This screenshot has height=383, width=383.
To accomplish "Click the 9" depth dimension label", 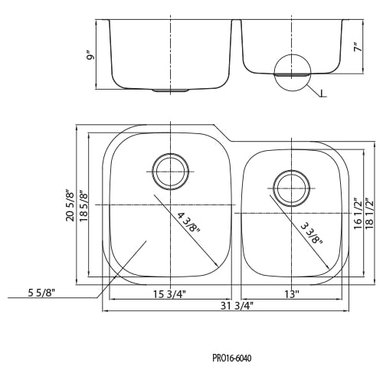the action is click(90, 56).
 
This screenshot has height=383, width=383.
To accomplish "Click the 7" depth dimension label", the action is click(358, 47).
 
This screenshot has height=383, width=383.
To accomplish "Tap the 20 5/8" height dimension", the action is click(70, 205).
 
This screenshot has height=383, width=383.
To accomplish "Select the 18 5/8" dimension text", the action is click(83, 205).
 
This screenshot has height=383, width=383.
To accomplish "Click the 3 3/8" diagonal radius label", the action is click(312, 234).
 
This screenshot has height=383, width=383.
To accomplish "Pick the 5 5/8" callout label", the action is click(41, 293).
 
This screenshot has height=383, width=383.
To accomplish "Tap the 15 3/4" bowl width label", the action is click(169, 294).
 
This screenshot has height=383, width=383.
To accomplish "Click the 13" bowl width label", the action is click(292, 294).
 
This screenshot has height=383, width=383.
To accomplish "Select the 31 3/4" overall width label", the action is click(237, 306).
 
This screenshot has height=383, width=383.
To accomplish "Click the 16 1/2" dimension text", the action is click(358, 214).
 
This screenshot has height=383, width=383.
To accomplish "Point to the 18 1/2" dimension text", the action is click(369, 214).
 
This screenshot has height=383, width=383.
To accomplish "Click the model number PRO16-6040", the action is click(232, 358).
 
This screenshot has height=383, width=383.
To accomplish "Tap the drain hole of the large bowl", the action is click(170, 172).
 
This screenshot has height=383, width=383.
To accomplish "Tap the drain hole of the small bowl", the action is click(292, 188).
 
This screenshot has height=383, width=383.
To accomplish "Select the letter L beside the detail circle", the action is click(323, 93).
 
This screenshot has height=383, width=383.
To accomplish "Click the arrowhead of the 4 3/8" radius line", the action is click(217, 265).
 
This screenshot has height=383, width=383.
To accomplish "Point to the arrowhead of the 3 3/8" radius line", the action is click(328, 267).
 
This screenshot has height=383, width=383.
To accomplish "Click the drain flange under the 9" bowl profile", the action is click(170, 90).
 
